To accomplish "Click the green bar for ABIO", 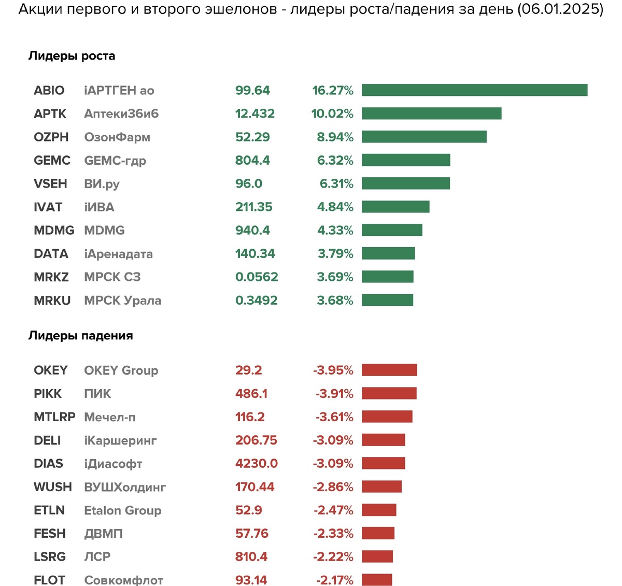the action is pyautogui.click(x=474, y=90).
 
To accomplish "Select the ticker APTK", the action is pyautogui.click(x=50, y=113).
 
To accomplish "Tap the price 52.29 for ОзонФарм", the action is pyautogui.click(x=252, y=137).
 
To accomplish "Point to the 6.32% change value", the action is pyautogui.click(x=335, y=160).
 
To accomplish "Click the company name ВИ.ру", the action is pyautogui.click(x=102, y=184).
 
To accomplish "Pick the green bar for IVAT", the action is pyautogui.click(x=395, y=207).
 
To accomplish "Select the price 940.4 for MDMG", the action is pyautogui.click(x=252, y=230).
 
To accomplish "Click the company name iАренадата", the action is pyautogui.click(x=118, y=254).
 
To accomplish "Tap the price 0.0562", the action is pyautogui.click(x=257, y=277).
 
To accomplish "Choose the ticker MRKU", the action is pyautogui.click(x=52, y=301).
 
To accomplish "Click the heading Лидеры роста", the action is pyautogui.click(x=72, y=56).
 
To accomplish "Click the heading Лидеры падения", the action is pyautogui.click(x=80, y=336).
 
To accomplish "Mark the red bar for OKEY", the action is pyautogui.click(x=389, y=370).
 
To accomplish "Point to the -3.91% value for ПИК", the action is pyautogui.click(x=334, y=393).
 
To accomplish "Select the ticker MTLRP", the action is pyautogui.click(x=54, y=417).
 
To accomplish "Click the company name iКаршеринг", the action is pyautogui.click(x=120, y=441).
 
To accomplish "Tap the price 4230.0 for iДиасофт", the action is pyautogui.click(x=257, y=464).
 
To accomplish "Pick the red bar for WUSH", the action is pyautogui.click(x=382, y=487).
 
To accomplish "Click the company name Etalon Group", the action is pyautogui.click(x=123, y=510).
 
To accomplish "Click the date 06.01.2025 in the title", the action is pyautogui.click(x=560, y=9).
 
